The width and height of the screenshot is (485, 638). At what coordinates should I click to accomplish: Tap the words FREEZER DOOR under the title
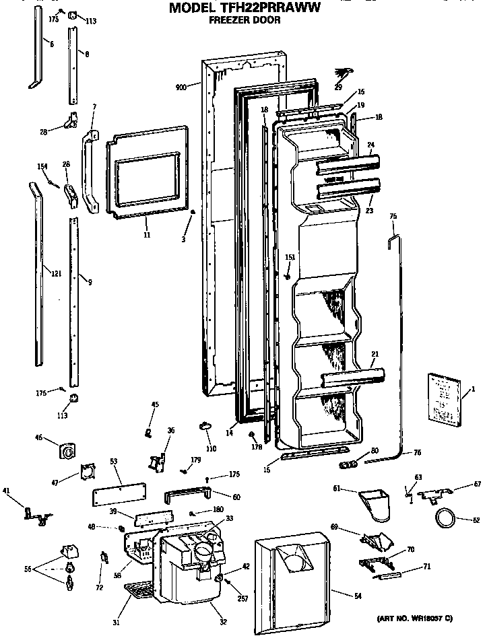(245, 20)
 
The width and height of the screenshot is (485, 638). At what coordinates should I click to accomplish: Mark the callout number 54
(358, 594)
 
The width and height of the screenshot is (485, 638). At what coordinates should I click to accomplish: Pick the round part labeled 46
(67, 452)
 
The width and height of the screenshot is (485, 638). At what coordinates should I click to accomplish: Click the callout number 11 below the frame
(147, 235)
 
